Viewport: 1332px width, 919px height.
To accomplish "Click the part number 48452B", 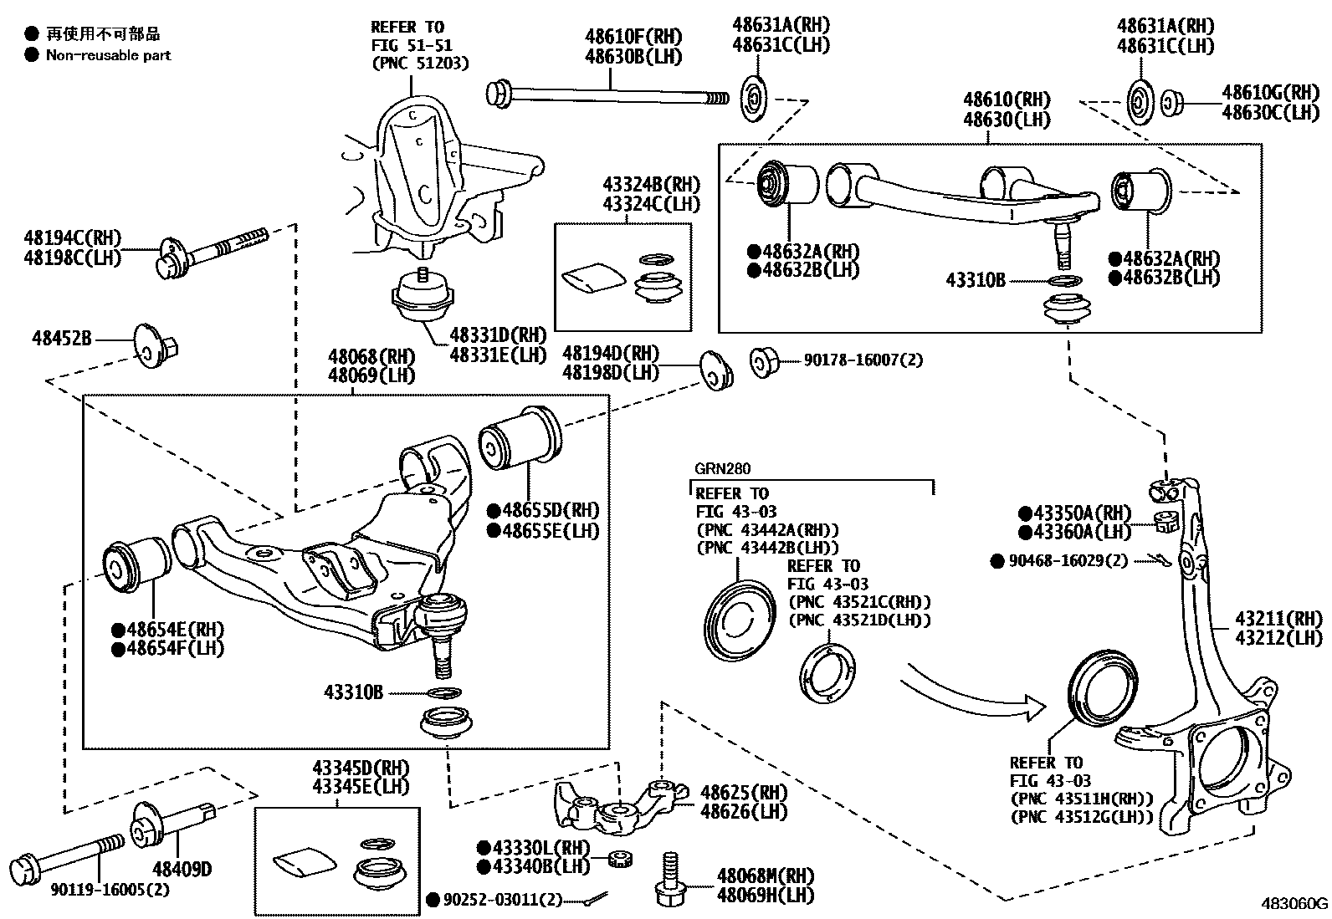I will (x=60, y=338).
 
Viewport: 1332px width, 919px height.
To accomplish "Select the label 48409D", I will (x=182, y=869).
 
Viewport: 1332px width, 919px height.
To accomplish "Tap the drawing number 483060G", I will (x=1294, y=903).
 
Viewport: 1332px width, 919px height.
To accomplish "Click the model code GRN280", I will (x=721, y=469).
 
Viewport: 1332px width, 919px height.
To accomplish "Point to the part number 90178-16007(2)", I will (x=863, y=360).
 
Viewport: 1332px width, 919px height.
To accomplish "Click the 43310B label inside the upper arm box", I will (x=976, y=280).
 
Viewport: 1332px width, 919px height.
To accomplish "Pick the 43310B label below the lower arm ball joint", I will (x=353, y=692).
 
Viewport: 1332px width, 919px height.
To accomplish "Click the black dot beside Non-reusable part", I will (x=32, y=55).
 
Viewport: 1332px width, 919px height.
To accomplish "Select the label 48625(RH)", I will (x=744, y=792).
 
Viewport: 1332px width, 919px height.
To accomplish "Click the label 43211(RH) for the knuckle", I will (x=1279, y=620).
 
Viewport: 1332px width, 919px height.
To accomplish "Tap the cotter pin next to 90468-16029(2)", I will (x=1159, y=559).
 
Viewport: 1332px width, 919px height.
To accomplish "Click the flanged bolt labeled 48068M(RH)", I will (x=669, y=882).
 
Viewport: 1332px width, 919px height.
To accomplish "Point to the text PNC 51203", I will (x=420, y=64).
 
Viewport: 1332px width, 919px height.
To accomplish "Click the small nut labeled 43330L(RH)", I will (x=618, y=858).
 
